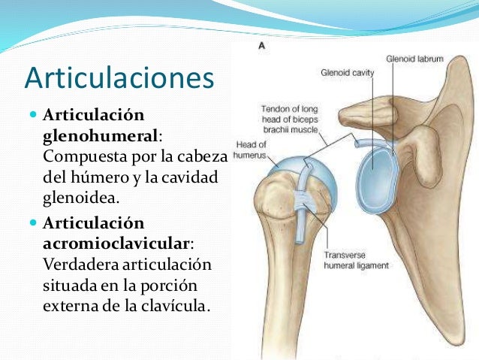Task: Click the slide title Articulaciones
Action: point(119,78)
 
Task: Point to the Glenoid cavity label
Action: point(348,73)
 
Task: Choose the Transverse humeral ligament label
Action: point(357,259)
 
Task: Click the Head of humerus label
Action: point(246,152)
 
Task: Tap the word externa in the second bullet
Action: point(70,306)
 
